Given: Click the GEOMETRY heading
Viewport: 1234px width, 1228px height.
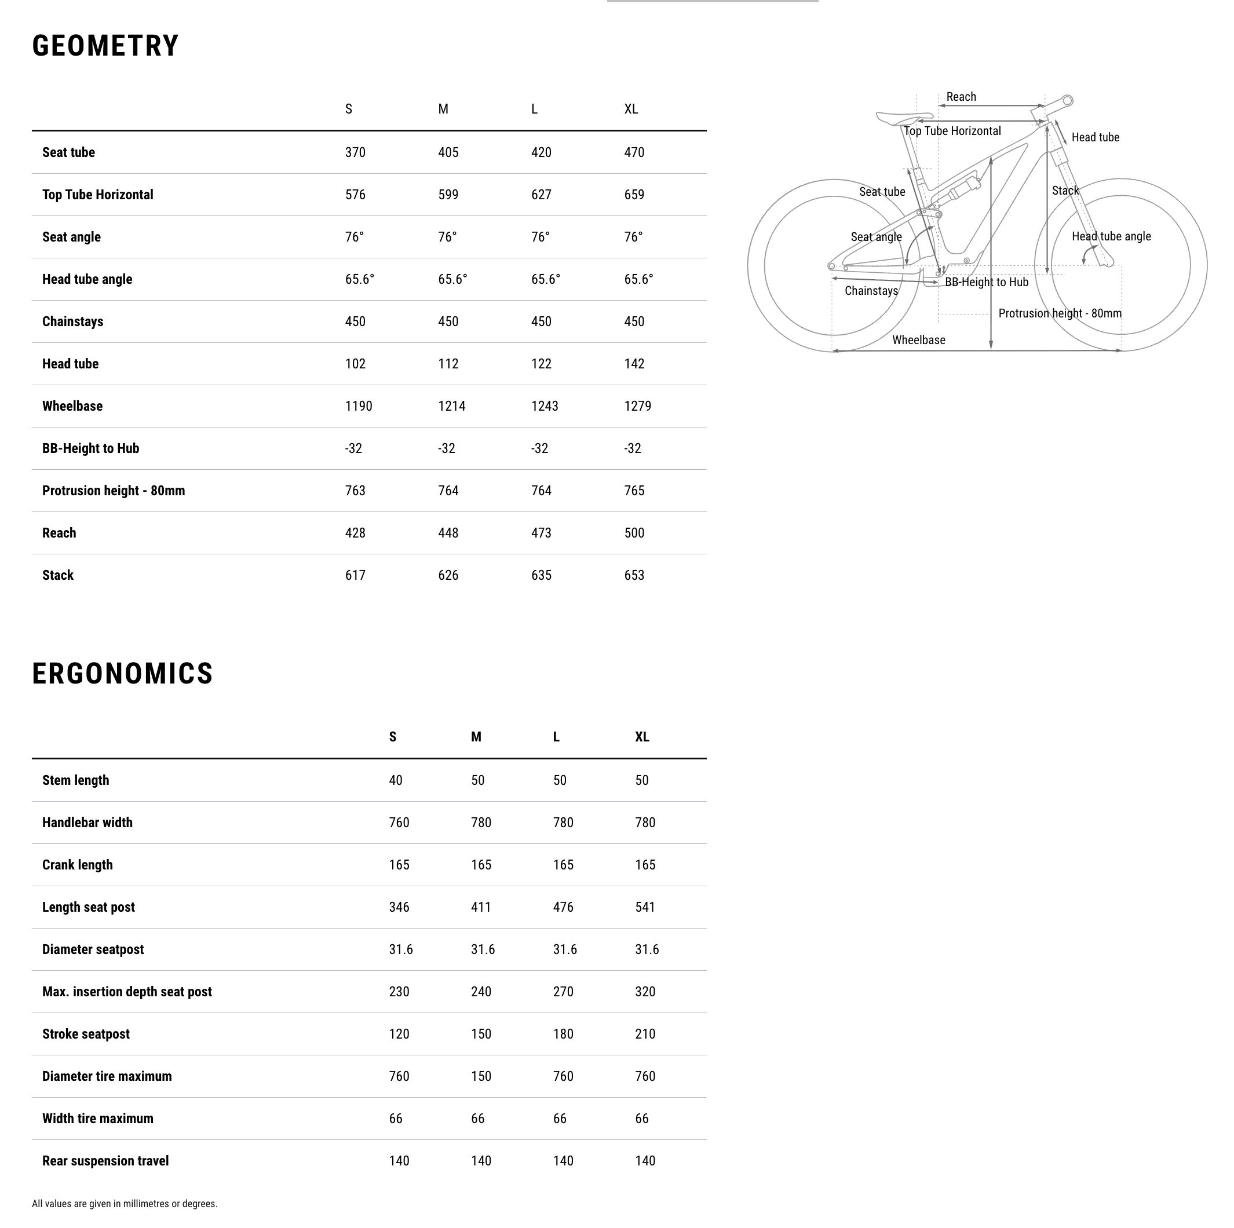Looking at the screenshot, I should [x=105, y=46].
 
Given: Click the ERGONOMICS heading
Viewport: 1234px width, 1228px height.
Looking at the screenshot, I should [x=123, y=674].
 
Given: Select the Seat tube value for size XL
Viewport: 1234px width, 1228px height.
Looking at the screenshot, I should [x=634, y=152].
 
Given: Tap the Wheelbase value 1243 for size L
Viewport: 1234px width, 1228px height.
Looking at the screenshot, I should [x=545, y=406].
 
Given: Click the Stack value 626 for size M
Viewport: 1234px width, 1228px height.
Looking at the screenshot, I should [x=448, y=575].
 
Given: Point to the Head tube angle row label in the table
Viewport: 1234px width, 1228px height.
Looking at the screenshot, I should [x=87, y=280].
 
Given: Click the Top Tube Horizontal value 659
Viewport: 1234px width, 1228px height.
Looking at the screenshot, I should [x=634, y=195].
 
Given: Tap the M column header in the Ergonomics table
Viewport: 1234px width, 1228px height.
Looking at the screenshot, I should [x=476, y=737].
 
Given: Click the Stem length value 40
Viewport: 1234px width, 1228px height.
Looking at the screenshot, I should [x=395, y=780].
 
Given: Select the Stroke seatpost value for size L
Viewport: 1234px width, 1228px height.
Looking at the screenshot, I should [x=563, y=1034].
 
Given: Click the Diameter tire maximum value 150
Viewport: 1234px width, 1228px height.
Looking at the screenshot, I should [x=481, y=1077].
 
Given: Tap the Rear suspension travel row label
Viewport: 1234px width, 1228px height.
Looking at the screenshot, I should [x=105, y=1161].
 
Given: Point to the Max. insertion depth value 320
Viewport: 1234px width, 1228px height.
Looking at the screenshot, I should [x=645, y=992].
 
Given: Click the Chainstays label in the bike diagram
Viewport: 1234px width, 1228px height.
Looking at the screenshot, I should [x=871, y=291].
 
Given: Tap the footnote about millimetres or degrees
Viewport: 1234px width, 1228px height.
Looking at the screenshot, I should [x=125, y=1204].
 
